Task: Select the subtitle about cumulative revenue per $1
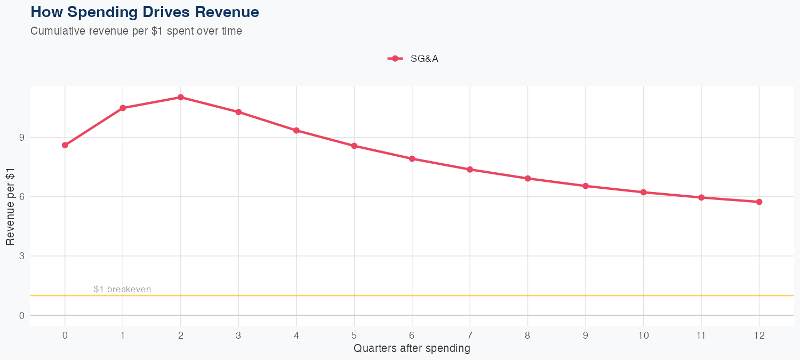click(136, 31)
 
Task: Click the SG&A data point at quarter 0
click(65, 145)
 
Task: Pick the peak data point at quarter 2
click(181, 97)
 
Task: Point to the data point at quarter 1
click(123, 108)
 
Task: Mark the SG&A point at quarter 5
click(354, 146)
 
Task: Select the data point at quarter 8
click(527, 179)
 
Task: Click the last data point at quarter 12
click(759, 202)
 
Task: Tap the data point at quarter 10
click(643, 192)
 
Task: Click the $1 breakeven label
click(122, 290)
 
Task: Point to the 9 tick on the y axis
click(21, 138)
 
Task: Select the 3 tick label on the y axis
click(21, 256)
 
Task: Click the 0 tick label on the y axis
click(21, 315)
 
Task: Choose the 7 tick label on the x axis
click(470, 335)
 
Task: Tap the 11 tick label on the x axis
click(701, 335)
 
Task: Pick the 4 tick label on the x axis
click(296, 335)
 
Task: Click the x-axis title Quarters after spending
click(412, 349)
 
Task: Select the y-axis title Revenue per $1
click(10, 206)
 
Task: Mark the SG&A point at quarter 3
click(238, 112)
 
